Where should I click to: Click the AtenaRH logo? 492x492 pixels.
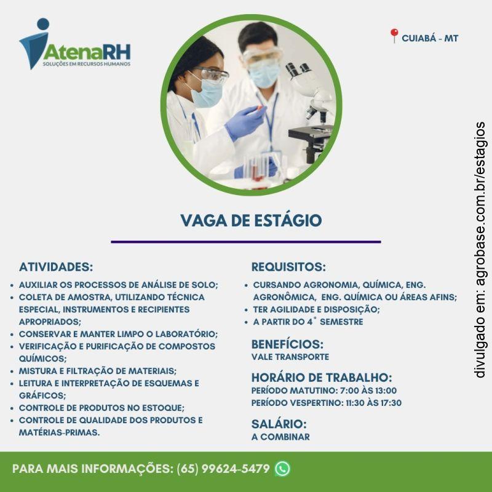coord(74,44)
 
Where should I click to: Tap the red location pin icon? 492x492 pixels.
coord(394,36)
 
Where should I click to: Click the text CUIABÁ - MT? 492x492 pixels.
coord(430,38)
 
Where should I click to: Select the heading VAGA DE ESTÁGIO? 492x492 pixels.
coord(251,220)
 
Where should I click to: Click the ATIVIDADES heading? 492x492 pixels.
coord(56,268)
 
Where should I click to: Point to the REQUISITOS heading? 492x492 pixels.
coord(288,268)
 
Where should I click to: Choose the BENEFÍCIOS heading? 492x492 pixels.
coord(287,344)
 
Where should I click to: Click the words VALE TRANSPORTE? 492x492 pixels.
coord(290,357)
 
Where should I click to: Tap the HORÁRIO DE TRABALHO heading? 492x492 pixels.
coord(322,377)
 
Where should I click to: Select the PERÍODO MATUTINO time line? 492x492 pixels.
coord(324,391)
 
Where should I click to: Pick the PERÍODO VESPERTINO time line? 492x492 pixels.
coord(327,403)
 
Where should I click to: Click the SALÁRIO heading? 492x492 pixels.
coord(279,424)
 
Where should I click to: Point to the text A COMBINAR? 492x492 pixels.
coord(280,437)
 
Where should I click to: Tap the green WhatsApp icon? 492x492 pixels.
coord(282,469)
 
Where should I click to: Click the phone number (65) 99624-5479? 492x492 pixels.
coord(223,469)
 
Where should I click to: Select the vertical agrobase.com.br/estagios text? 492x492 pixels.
coord(480,249)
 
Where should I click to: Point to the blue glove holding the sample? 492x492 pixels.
coord(244,122)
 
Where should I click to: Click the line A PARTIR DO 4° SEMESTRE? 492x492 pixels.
coord(307,322)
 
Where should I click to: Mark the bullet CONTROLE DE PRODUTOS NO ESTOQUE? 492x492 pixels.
coord(101,408)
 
